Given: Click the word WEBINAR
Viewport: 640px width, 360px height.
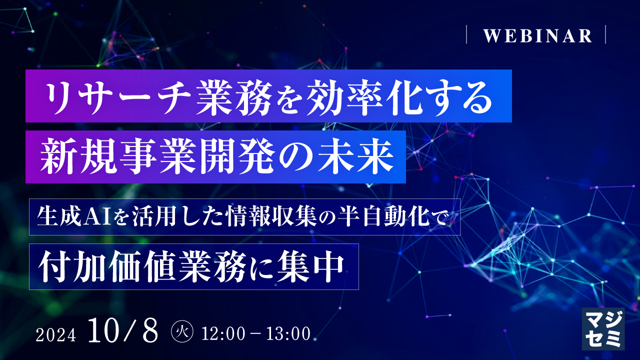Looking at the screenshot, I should click(x=537, y=36).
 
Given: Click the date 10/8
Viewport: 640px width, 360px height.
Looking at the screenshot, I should click(x=122, y=330).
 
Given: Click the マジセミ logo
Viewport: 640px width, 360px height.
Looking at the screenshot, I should click(x=603, y=327).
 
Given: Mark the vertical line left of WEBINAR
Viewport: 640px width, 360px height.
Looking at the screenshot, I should click(x=466, y=35).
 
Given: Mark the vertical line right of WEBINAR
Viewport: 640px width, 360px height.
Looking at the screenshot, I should click(x=605, y=35).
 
